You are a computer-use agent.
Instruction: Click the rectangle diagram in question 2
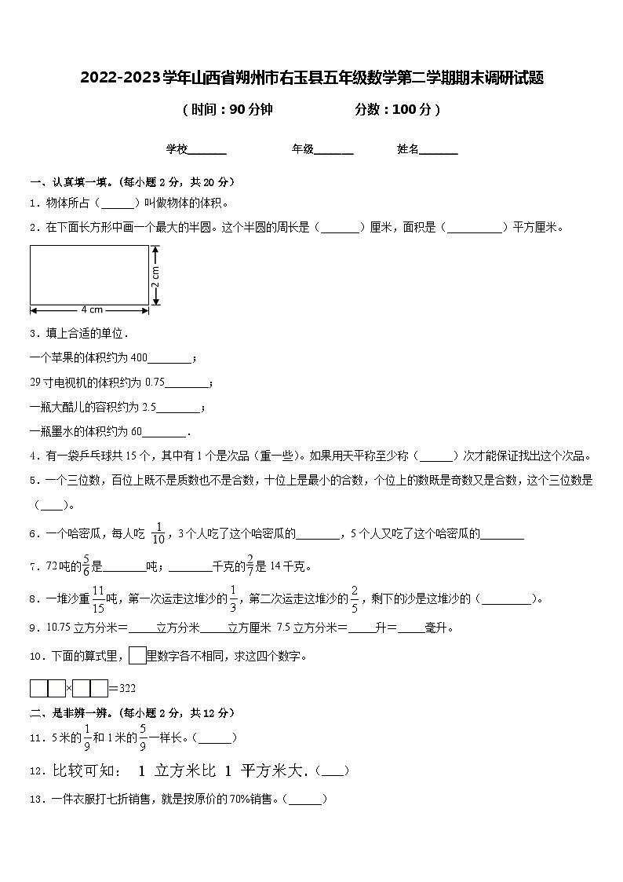click(x=89, y=274)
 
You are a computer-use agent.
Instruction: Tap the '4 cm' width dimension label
click(x=91, y=309)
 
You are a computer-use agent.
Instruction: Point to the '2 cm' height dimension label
click(x=156, y=274)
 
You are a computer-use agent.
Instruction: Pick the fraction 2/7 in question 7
click(x=250, y=565)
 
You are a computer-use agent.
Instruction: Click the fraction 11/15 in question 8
click(x=98, y=598)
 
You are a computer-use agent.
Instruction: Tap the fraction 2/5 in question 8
click(x=355, y=598)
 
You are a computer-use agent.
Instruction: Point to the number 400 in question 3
click(x=138, y=358)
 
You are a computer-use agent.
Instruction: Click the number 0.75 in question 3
click(x=155, y=382)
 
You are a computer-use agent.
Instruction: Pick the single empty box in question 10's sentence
click(x=137, y=656)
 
